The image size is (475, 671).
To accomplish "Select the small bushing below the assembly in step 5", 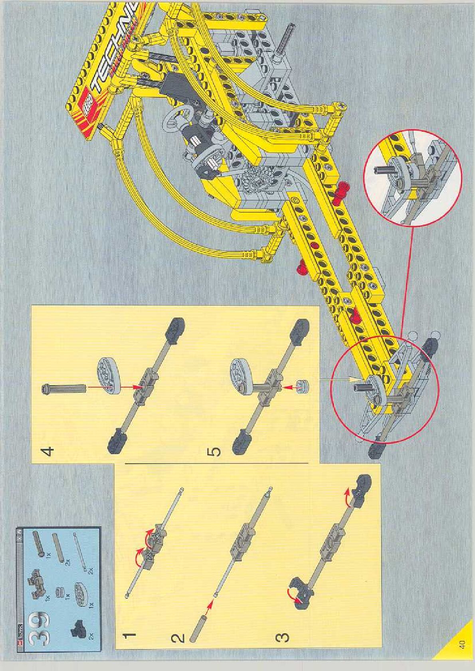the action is tap(302, 386).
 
